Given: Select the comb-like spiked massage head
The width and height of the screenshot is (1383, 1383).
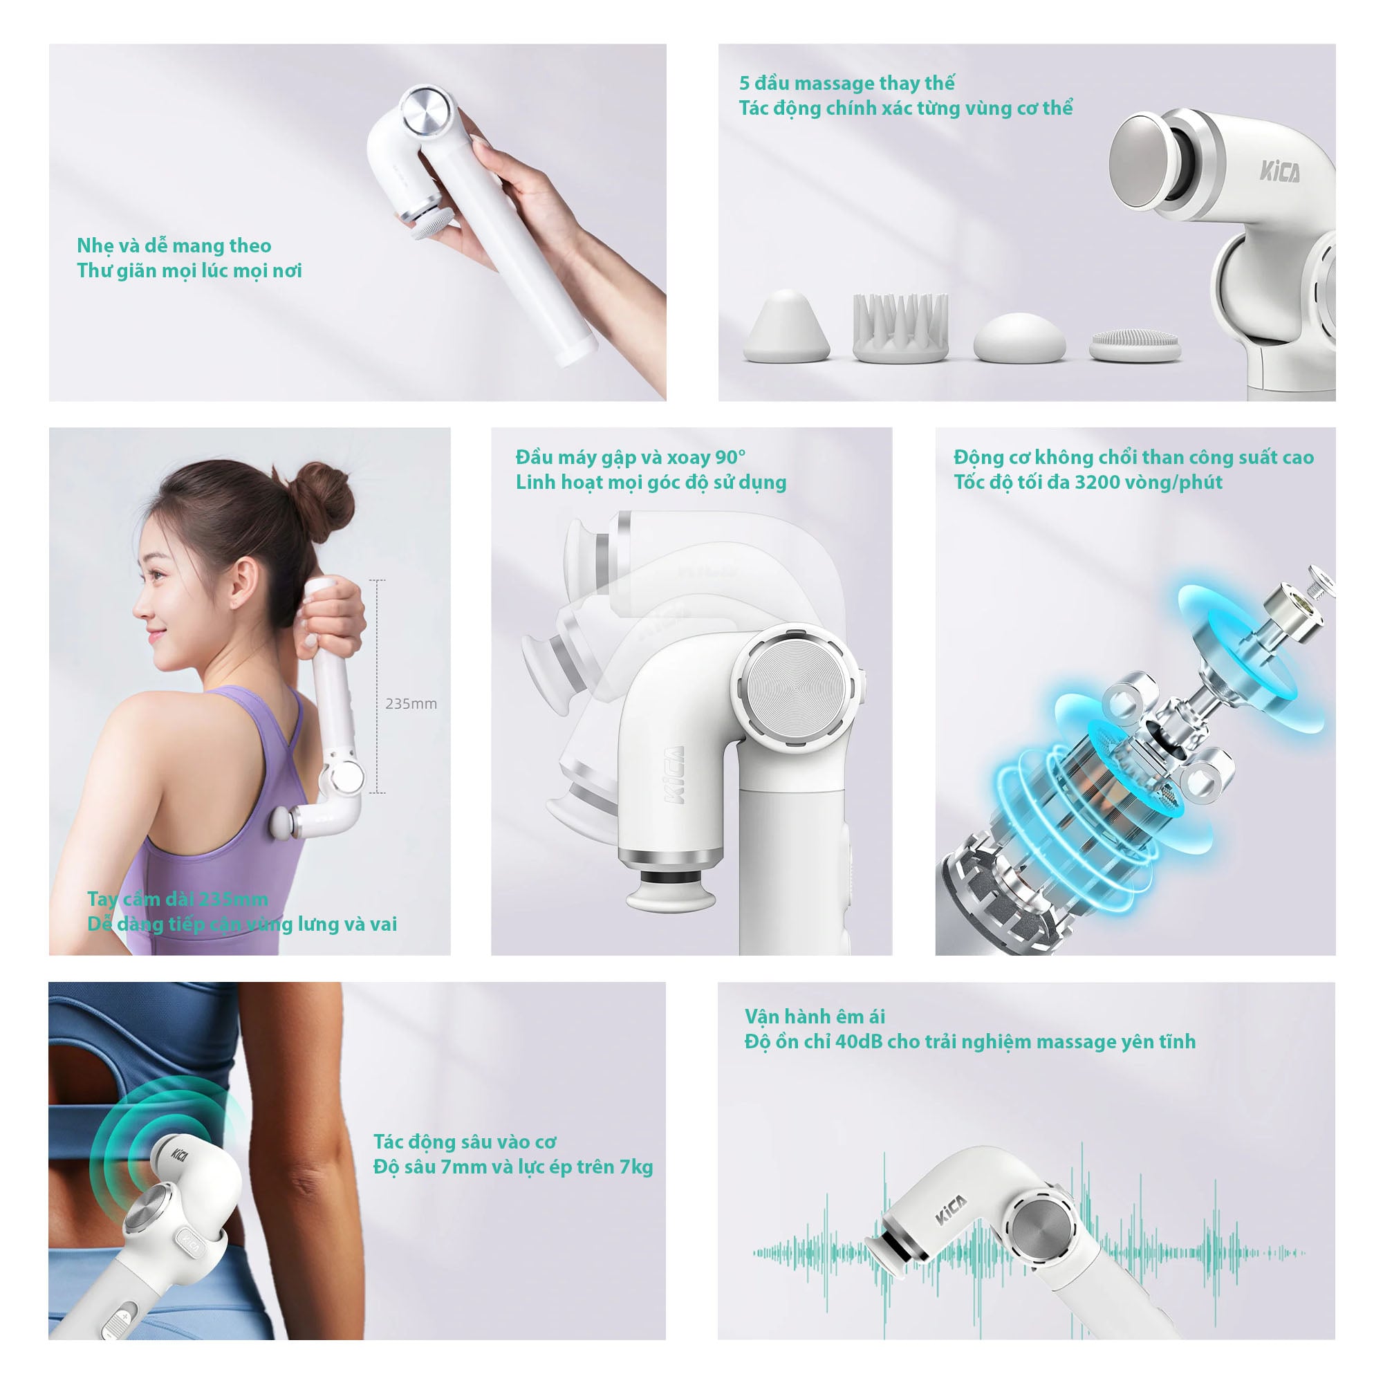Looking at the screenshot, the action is pyautogui.click(x=900, y=327).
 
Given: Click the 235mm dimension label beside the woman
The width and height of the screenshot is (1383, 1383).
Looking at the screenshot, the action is pyautogui.click(x=411, y=704).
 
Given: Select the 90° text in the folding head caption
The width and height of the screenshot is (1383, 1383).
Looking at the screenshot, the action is pyautogui.click(x=731, y=456).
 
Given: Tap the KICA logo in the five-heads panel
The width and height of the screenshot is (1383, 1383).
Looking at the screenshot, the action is pyautogui.click(x=1280, y=171).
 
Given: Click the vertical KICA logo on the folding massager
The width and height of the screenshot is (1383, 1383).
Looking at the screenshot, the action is pyautogui.click(x=674, y=775).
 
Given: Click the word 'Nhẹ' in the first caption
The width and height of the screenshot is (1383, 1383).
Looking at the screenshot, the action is pyautogui.click(x=95, y=246).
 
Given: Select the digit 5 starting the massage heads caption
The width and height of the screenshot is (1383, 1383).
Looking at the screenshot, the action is pyautogui.click(x=745, y=83).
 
